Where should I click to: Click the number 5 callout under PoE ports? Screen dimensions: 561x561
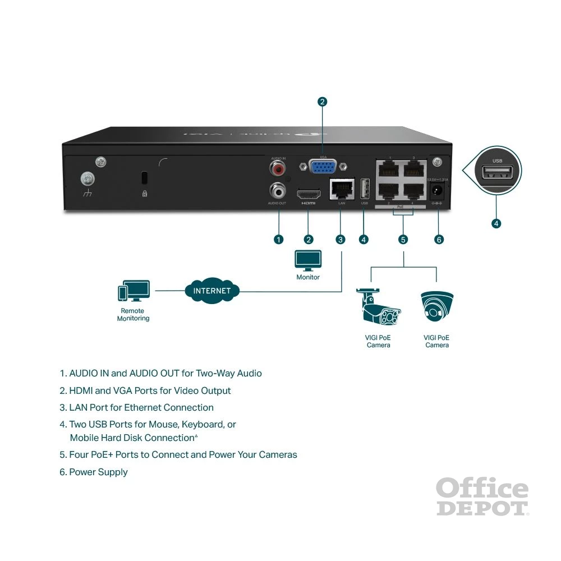click(403, 240)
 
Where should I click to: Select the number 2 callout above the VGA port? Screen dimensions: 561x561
click(322, 102)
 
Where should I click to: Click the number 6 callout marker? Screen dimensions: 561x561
click(439, 240)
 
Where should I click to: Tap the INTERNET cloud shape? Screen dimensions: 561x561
click(212, 291)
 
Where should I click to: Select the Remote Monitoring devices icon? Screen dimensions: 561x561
click(134, 291)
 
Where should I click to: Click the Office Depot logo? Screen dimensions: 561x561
click(482, 497)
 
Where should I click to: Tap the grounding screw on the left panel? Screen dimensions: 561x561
click(88, 179)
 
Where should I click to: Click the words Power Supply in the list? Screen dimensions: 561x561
click(98, 472)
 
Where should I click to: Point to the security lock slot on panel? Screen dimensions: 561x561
click(144, 178)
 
